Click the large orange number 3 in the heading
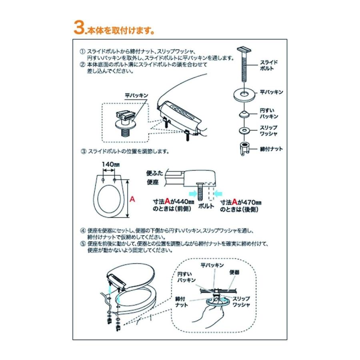pyautogui.click(x=79, y=28)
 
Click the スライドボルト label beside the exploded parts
pyautogui.click(x=269, y=65)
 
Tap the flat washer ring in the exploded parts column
pyautogui.click(x=244, y=94)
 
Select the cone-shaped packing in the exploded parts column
pyautogui.click(x=244, y=114)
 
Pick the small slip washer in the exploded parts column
pyautogui.click(x=244, y=131)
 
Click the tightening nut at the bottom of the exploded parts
pyautogui.click(x=244, y=148)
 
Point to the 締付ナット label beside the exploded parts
pyautogui.click(x=271, y=149)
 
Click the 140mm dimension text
pyautogui.click(x=111, y=164)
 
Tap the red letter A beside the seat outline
pyautogui.click(x=132, y=199)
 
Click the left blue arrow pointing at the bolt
pyautogui.click(x=192, y=194)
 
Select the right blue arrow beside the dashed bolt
pyautogui.click(x=218, y=194)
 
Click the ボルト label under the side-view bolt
pyautogui.click(x=206, y=206)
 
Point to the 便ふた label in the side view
pyautogui.click(x=154, y=173)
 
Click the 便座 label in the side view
pyautogui.click(x=153, y=182)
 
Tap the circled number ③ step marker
pyautogui.click(x=84, y=151)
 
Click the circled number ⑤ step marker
pyautogui.click(x=83, y=244)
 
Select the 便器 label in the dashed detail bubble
pyautogui.click(x=234, y=272)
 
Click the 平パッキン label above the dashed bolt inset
pyautogui.click(x=136, y=96)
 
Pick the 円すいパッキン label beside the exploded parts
pyautogui.click(x=269, y=114)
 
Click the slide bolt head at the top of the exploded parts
pyautogui.click(x=244, y=50)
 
